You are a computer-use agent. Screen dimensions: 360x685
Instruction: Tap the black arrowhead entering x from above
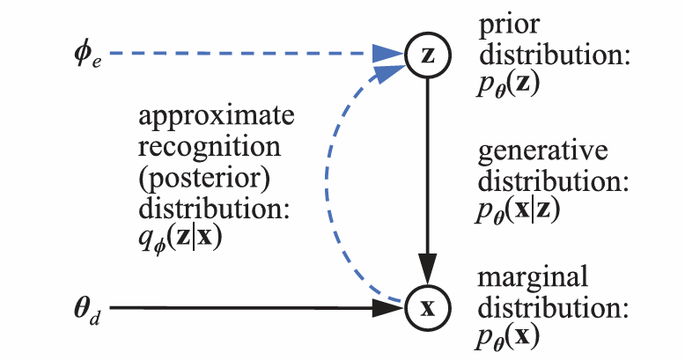pos(428,268)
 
